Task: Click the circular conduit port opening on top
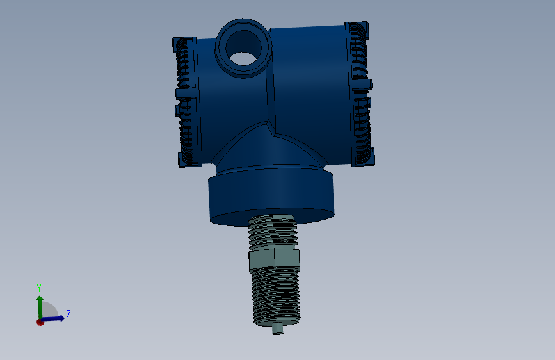pyautogui.click(x=243, y=47)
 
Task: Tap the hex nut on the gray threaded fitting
pyautogui.click(x=275, y=259)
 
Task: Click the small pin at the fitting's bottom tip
pyautogui.click(x=278, y=329)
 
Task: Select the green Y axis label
pyautogui.click(x=39, y=288)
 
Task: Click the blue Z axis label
pyautogui.click(x=68, y=314)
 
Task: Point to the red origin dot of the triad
pyautogui.click(x=40, y=322)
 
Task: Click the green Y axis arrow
pyautogui.click(x=40, y=307)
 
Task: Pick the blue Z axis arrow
pyautogui.click(x=53, y=318)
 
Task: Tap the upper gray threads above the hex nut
pyautogui.click(x=272, y=233)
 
